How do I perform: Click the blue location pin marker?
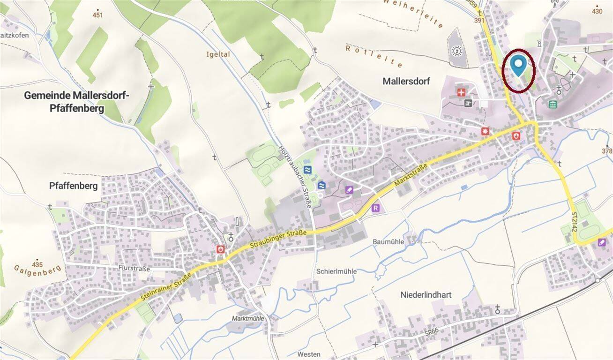(x=517, y=65)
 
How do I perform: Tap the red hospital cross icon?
(x=462, y=92)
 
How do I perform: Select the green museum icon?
(x=553, y=104)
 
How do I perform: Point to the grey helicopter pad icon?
(x=467, y=103)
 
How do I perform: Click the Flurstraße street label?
(x=134, y=269)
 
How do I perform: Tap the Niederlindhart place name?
(x=426, y=295)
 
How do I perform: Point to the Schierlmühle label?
(x=336, y=271)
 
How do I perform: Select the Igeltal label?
(x=218, y=54)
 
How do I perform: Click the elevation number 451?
(x=97, y=15)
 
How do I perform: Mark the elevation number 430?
(x=597, y=12)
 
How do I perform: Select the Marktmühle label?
(x=248, y=318)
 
